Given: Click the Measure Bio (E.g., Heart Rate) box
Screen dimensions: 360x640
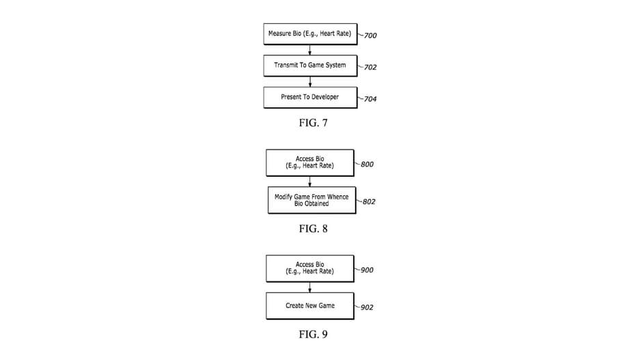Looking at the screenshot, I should tap(310, 34).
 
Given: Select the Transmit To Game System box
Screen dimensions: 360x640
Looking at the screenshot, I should tap(310, 66).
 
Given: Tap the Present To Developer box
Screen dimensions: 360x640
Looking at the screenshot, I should tap(310, 97).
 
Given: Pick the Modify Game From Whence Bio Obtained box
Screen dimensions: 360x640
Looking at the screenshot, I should tap(311, 200).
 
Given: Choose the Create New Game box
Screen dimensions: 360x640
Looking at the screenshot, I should tap(310, 305).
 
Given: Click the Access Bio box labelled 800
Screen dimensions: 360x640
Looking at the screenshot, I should tap(310, 163).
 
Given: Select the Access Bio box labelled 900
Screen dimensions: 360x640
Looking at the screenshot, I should tap(310, 268).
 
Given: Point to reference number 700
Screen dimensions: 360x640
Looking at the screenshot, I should tap(370, 36).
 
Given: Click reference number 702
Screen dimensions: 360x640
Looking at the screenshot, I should tap(370, 67).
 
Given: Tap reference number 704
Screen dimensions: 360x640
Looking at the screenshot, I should tap(370, 99).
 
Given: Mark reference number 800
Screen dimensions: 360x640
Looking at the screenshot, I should tap(367, 165).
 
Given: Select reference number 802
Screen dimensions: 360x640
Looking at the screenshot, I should tap(369, 202).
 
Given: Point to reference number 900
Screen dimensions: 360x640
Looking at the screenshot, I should tap(367, 270).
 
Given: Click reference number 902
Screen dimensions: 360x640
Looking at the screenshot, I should tap(367, 307).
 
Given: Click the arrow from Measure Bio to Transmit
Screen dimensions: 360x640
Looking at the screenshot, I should tap(310, 50).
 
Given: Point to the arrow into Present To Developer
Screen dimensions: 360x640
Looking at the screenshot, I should tap(310, 81).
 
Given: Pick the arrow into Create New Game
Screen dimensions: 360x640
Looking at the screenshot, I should tap(310, 287).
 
